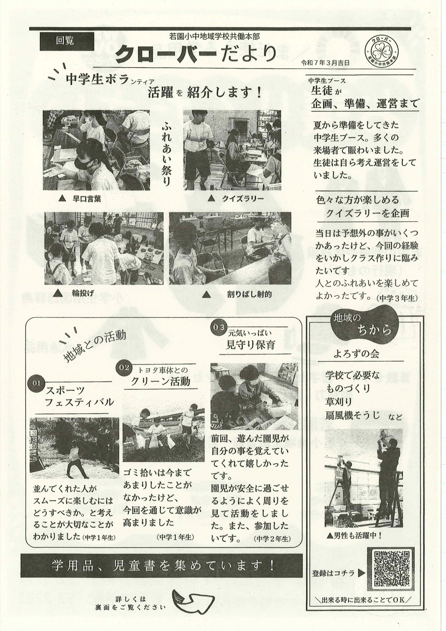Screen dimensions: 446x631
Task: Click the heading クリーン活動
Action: click(160, 382)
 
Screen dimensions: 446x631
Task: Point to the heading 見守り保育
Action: click(250, 345)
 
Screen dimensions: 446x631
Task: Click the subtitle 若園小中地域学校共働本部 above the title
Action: click(214, 36)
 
